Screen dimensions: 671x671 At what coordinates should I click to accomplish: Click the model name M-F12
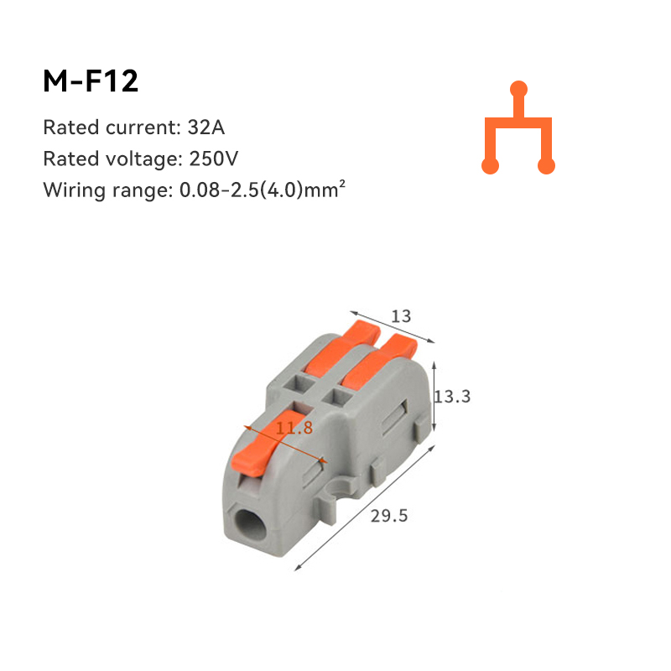tap(91, 81)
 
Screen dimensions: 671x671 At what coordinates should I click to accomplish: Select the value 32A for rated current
tap(206, 128)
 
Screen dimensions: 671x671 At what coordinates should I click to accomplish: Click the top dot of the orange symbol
tap(519, 88)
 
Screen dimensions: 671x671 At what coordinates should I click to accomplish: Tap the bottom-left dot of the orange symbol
tap(491, 165)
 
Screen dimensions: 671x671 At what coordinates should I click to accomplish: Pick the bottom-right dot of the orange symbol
tap(547, 165)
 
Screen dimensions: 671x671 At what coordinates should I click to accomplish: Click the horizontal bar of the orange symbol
tap(518, 123)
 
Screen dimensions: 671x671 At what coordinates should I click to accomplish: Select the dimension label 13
tap(402, 316)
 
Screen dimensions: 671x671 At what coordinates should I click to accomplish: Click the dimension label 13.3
tap(452, 396)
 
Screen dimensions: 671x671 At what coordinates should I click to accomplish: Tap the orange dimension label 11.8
tap(294, 428)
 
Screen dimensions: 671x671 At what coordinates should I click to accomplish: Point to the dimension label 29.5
tap(388, 516)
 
